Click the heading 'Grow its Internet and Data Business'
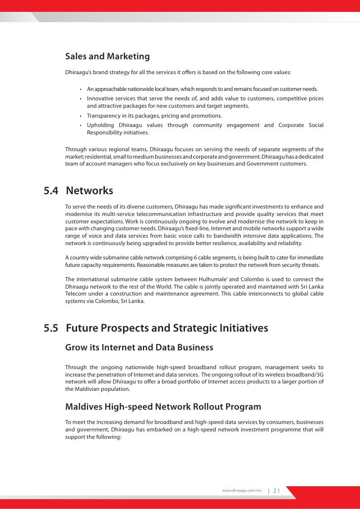139,347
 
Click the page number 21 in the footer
276,491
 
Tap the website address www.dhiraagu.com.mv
242,491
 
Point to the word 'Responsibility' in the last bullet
105,132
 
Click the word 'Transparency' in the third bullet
105,116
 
